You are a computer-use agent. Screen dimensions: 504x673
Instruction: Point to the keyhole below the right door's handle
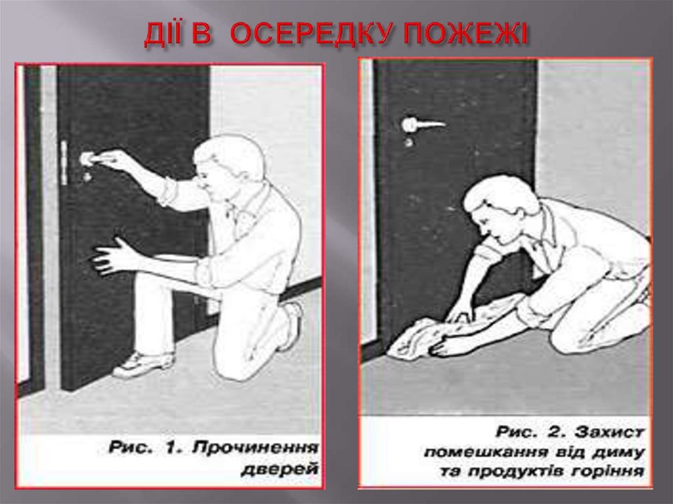pyautogui.click(x=409, y=142)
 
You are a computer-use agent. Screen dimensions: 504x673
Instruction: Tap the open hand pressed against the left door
pyautogui.click(x=112, y=255)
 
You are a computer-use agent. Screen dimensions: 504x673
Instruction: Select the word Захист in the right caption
pyautogui.click(x=610, y=432)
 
